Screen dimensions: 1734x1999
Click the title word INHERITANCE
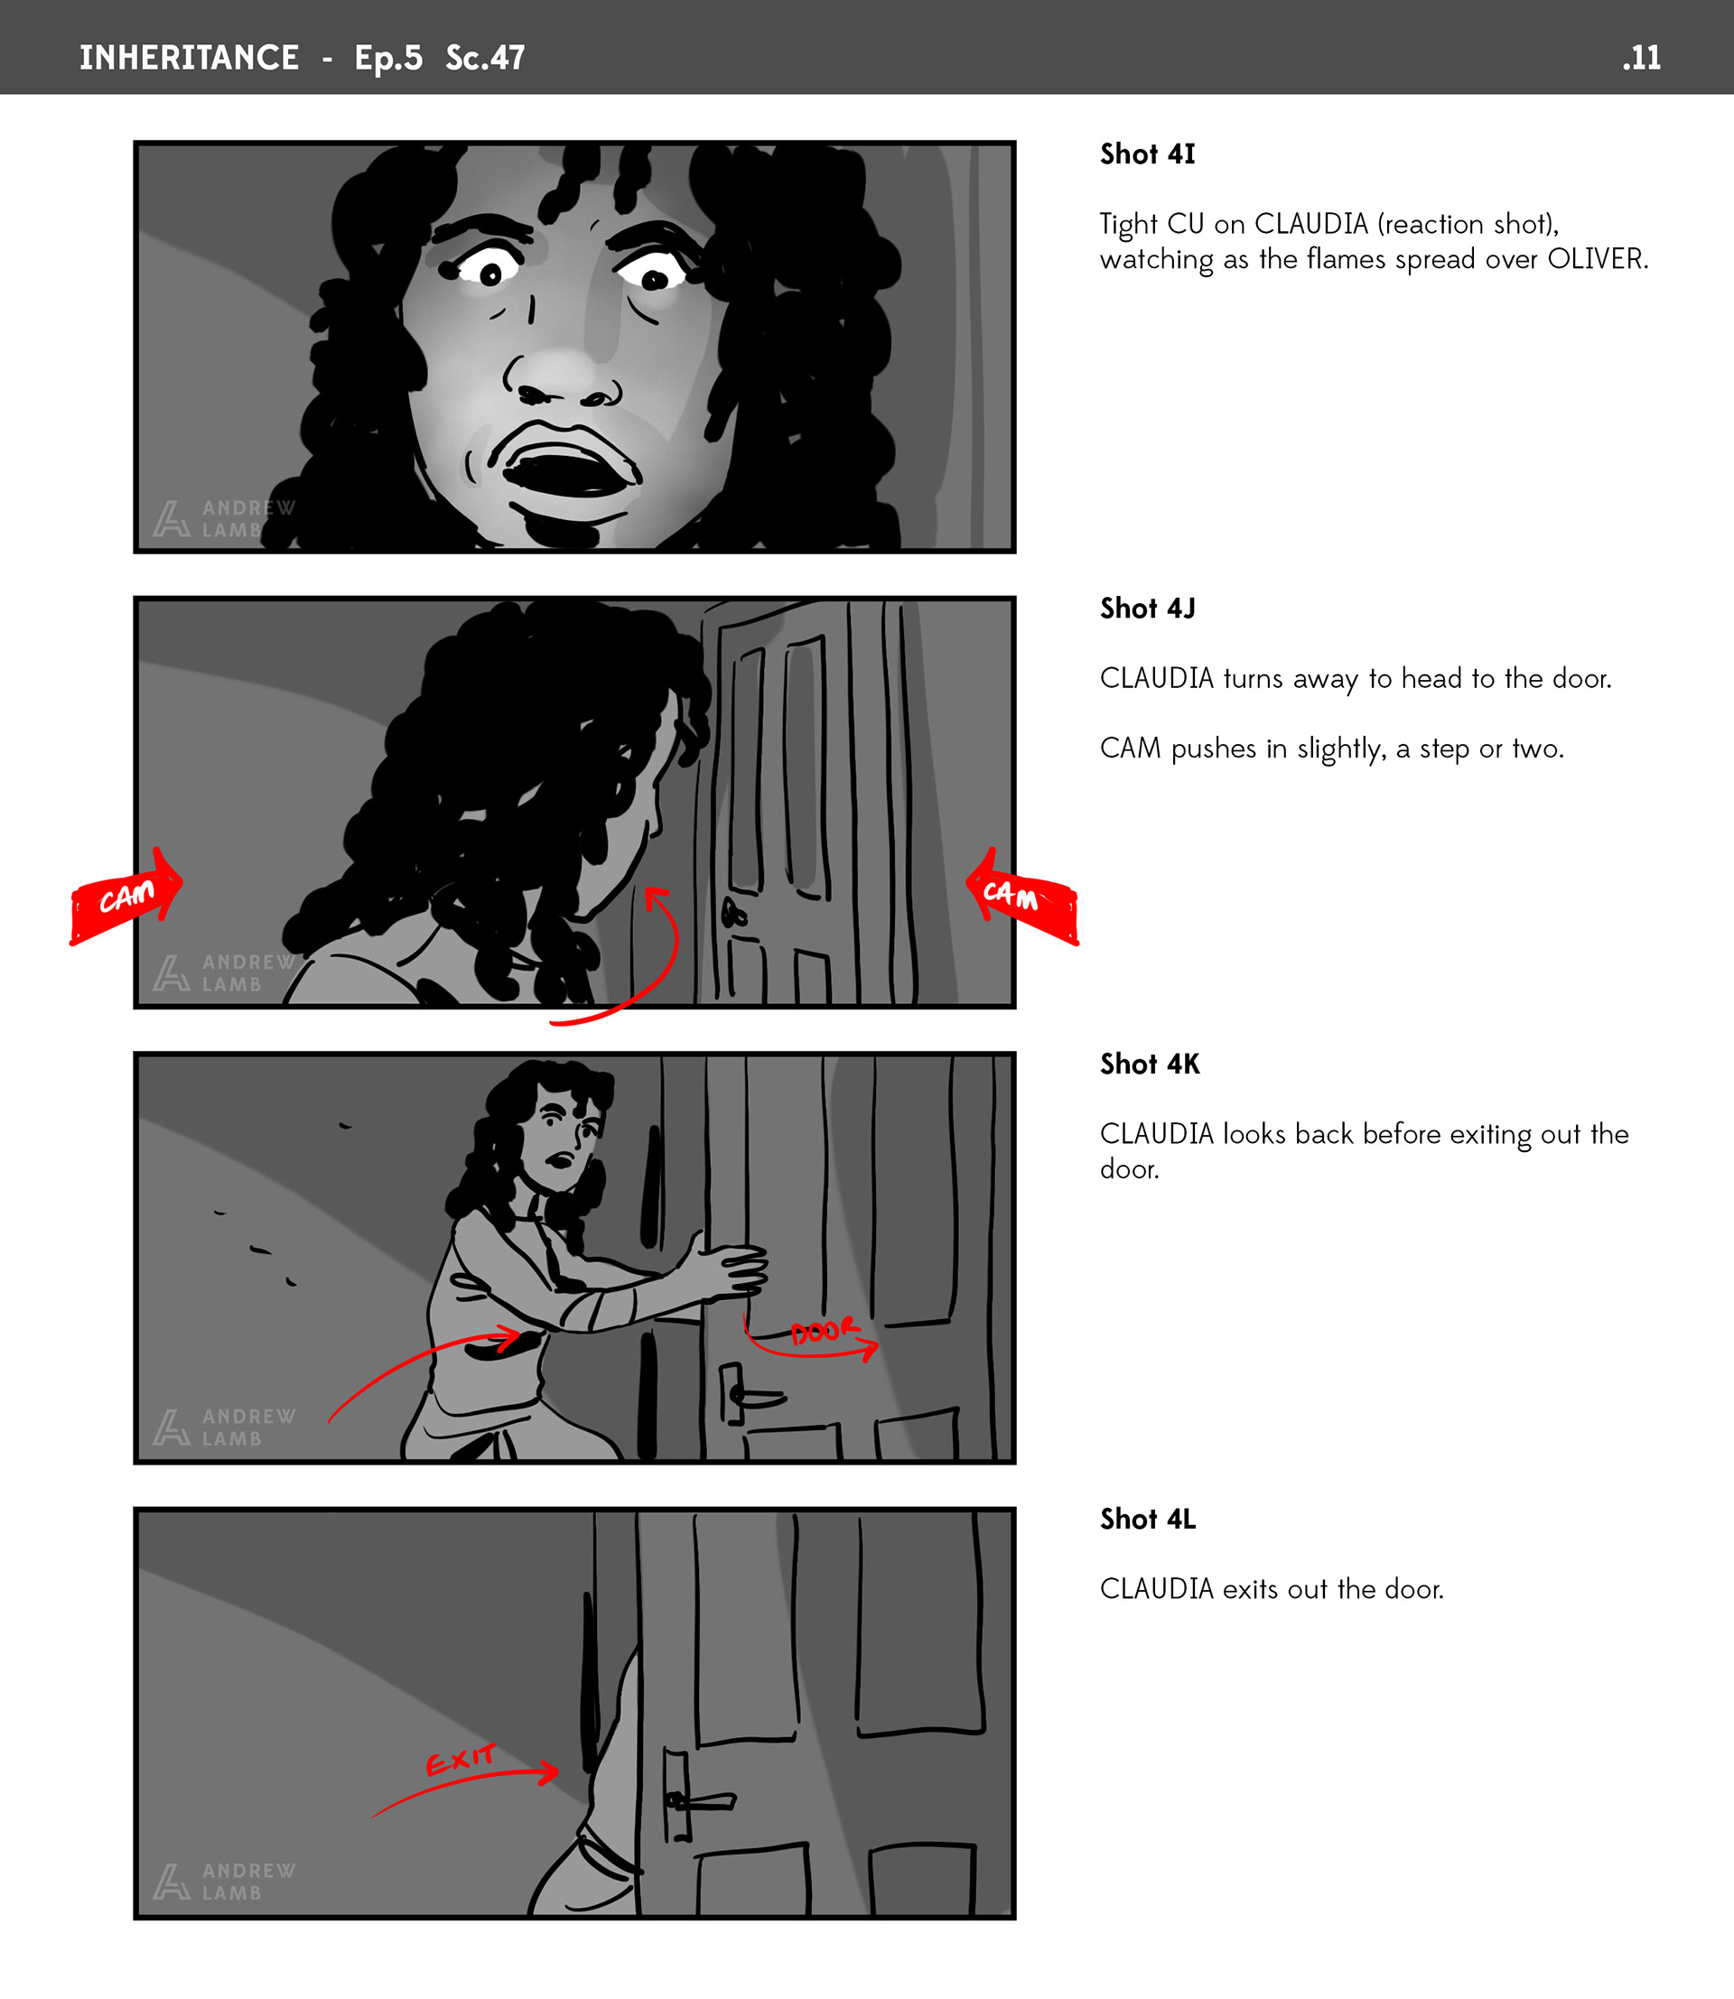pos(189,57)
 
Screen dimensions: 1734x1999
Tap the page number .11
pos(1641,58)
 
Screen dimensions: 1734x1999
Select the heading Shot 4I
pos(1148,153)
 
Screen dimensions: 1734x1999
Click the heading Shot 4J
pos(1148,608)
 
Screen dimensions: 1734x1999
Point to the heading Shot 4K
pos(1150,1064)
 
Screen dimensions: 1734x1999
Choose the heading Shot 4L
pos(1148,1518)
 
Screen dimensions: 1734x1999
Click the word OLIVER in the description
pos(1598,259)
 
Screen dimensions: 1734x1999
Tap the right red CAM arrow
pos(1021,895)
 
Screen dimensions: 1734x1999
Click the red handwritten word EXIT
pos(461,1759)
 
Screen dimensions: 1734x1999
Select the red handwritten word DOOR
pos(824,1332)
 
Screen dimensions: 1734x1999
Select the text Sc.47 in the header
pos(485,58)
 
